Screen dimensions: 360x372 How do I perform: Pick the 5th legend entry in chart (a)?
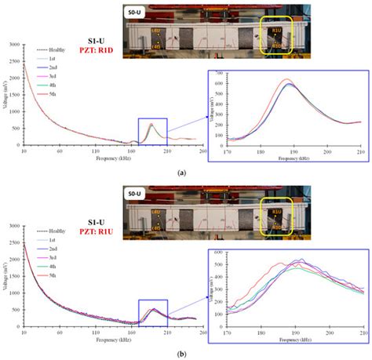click(49, 94)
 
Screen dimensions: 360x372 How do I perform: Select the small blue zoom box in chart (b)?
click(153, 311)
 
